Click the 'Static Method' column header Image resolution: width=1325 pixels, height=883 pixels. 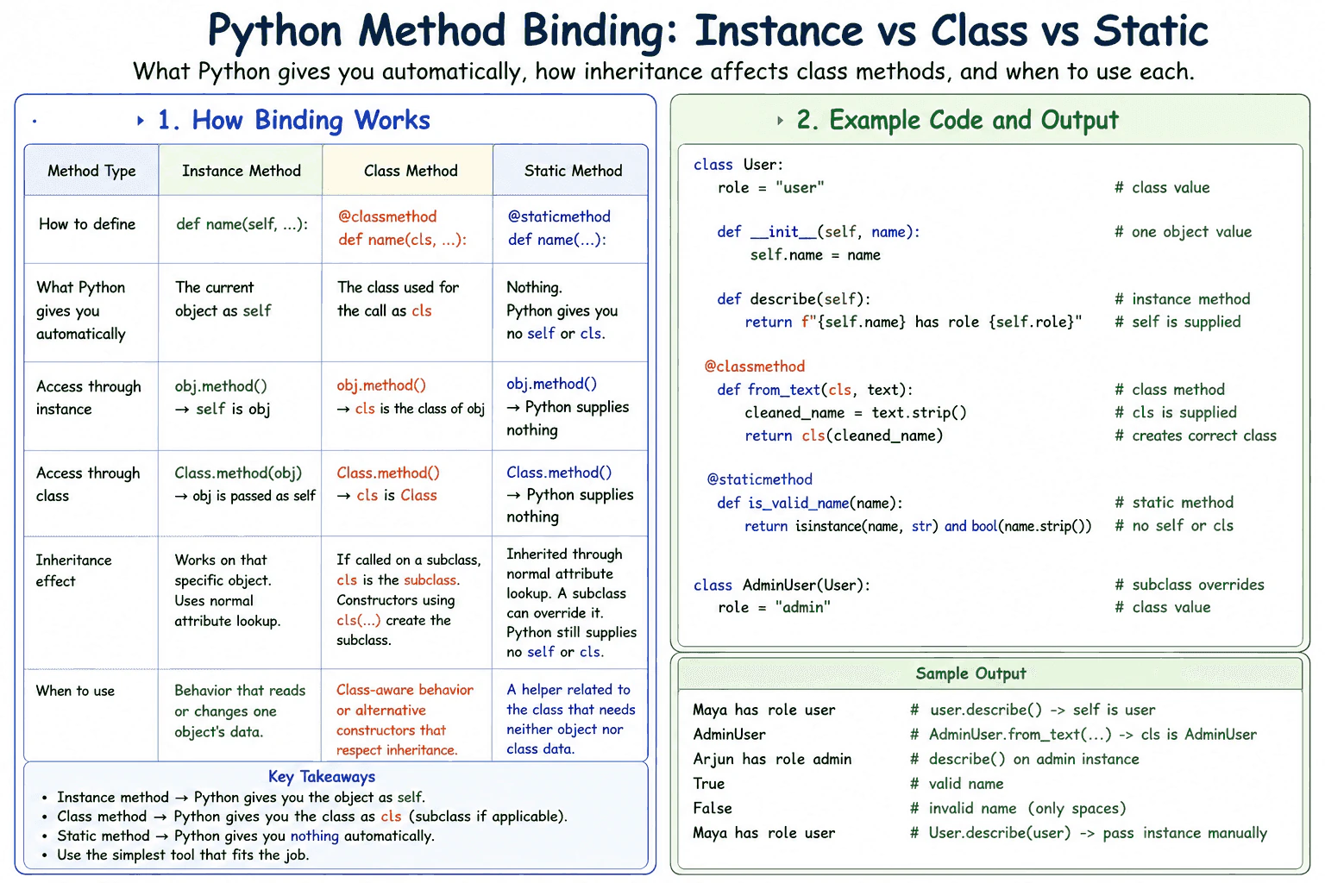[x=573, y=171]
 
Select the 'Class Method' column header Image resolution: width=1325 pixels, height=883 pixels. [x=411, y=171]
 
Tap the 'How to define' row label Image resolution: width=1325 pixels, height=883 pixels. [x=87, y=224]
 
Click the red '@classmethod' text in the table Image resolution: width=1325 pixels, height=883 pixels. [x=386, y=216]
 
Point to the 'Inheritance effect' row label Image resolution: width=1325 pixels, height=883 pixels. [x=73, y=570]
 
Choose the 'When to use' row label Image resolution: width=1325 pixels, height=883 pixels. [x=75, y=691]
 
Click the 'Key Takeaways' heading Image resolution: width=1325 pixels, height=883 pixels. [x=321, y=777]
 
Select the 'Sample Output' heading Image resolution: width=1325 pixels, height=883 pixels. [x=970, y=673]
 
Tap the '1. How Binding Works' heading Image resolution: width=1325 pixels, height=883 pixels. [x=293, y=120]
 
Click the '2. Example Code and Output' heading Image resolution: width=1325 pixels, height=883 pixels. [x=957, y=120]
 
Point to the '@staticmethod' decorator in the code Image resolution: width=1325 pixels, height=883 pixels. [x=759, y=479]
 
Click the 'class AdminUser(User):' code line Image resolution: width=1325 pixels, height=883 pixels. [x=782, y=585]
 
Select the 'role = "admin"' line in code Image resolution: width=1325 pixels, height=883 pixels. [x=775, y=607]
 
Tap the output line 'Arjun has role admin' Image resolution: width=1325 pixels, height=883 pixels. [x=772, y=759]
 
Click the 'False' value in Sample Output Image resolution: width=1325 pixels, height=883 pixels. [x=713, y=808]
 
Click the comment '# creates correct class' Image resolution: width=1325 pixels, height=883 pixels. [x=1196, y=435]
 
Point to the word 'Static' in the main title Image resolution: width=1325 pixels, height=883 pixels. [x=1151, y=31]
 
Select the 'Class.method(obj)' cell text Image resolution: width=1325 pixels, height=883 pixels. [x=238, y=473]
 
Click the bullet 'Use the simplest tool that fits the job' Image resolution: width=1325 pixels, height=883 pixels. [x=183, y=855]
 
